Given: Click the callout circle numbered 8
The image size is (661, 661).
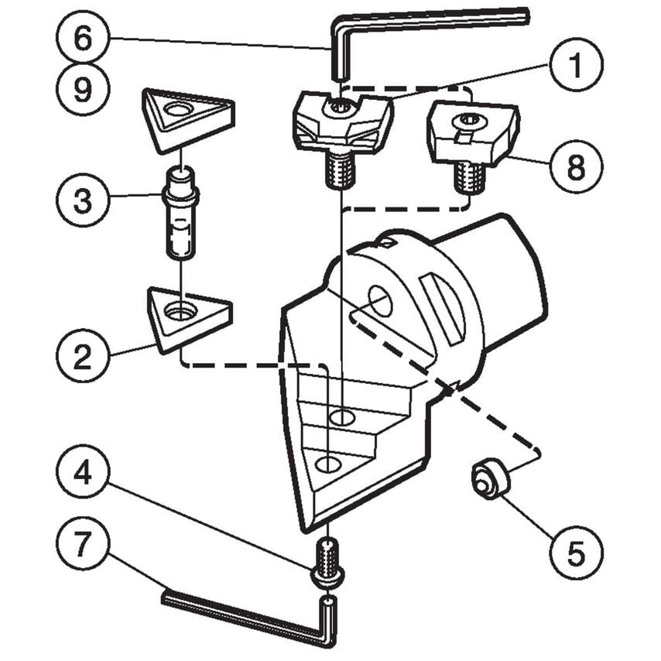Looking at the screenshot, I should pos(576,166).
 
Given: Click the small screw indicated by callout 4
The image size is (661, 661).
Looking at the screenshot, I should pos(329,561).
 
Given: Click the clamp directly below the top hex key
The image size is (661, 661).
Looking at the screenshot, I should pos(341,124).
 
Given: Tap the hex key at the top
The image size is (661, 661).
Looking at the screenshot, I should pos(433,21).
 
